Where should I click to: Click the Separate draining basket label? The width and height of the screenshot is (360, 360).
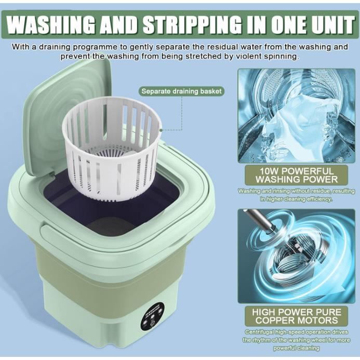[181, 91]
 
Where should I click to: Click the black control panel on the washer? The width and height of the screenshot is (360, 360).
[152, 317]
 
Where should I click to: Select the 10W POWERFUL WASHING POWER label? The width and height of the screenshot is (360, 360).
[297, 175]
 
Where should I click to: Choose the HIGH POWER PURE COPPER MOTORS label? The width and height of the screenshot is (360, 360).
[297, 316]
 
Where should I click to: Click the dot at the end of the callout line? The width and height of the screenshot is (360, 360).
[161, 130]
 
